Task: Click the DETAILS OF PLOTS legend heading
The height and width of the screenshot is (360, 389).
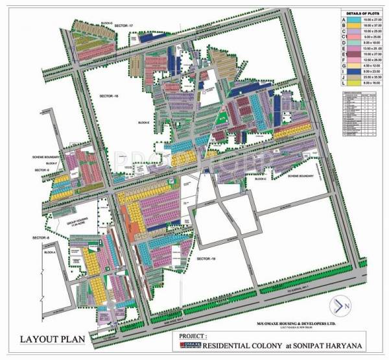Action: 362,14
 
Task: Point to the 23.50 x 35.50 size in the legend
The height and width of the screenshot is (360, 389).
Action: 371,78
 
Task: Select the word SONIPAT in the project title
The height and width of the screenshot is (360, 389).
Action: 303,345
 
